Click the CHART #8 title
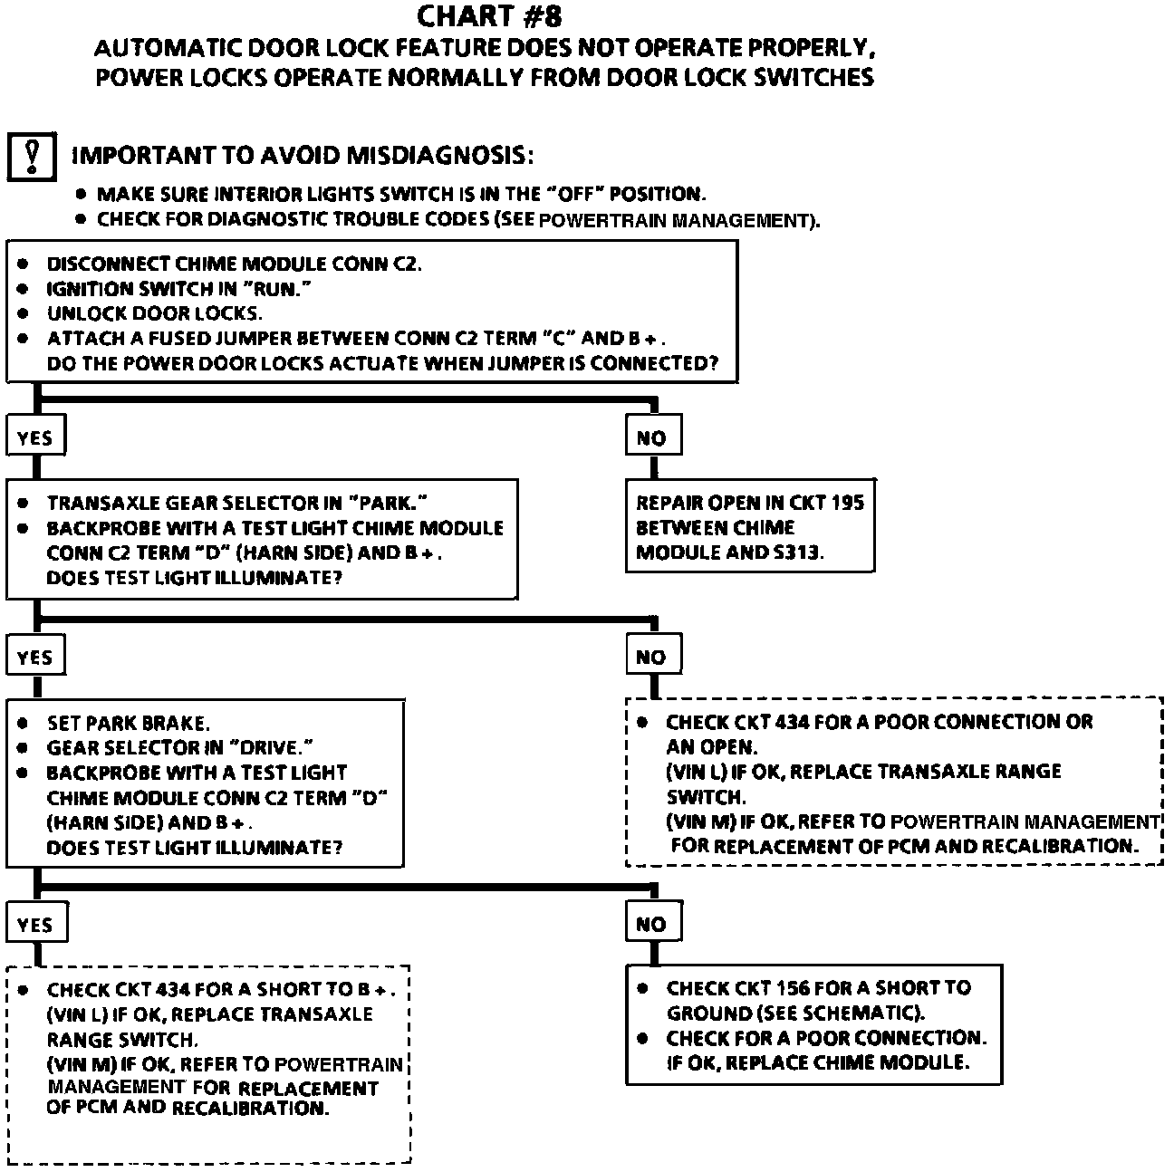494,16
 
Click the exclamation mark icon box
32,157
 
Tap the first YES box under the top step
35,438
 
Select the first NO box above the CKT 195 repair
651,438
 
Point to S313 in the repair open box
795,552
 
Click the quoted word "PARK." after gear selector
389,503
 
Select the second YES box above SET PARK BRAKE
35,658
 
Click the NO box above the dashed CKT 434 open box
651,658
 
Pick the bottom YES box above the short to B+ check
35,925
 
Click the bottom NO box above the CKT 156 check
651,925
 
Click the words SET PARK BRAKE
128,724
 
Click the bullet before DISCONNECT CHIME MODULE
24,264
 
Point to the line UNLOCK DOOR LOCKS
154,314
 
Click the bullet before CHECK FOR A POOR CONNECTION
642,1038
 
